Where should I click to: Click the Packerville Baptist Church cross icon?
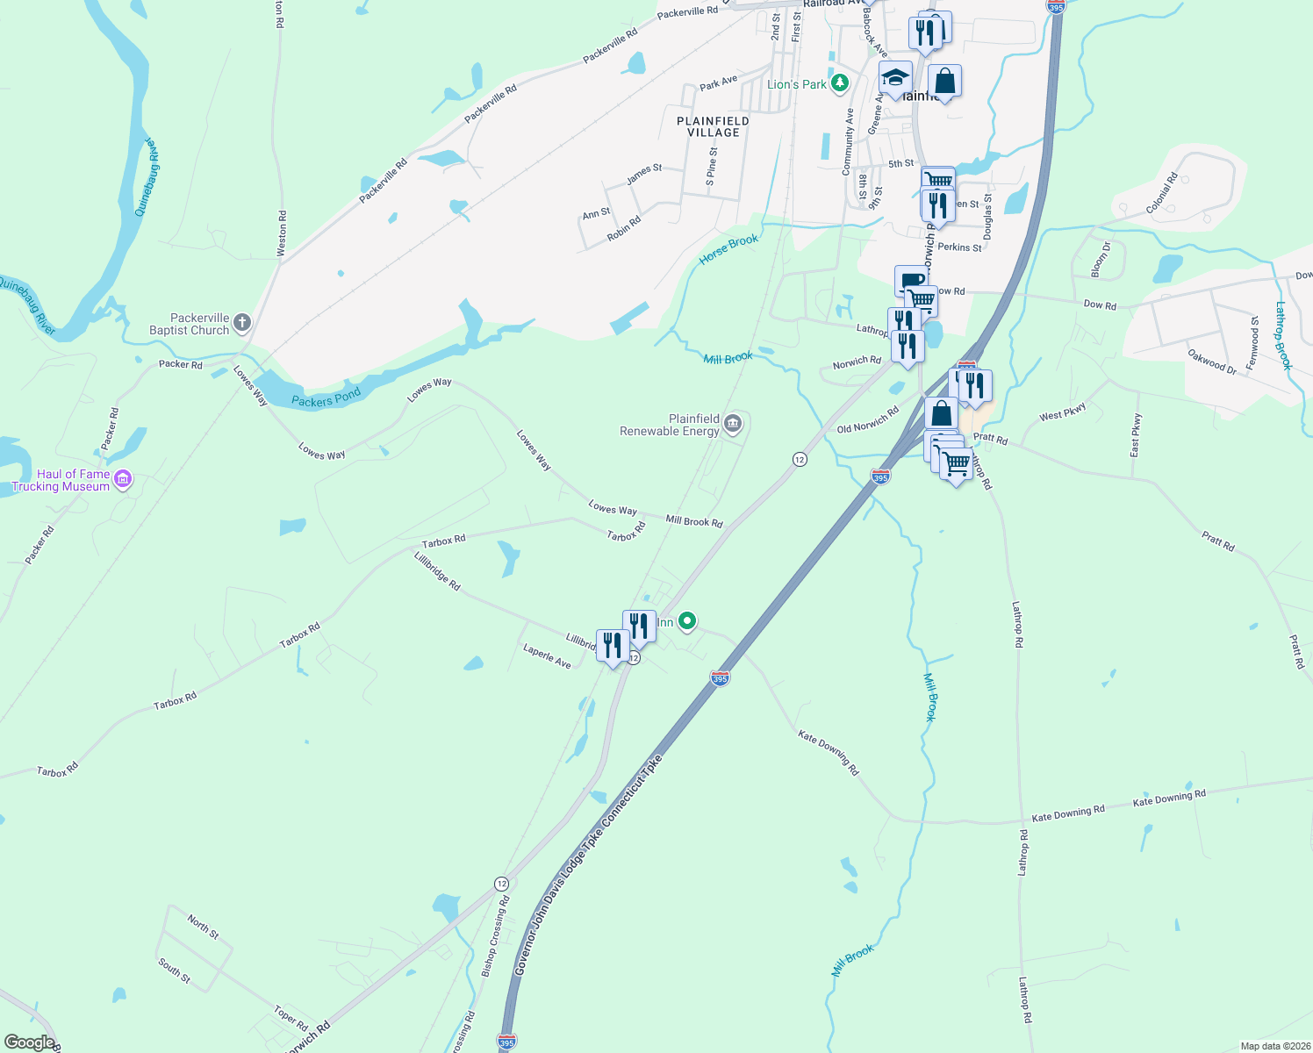pyautogui.click(x=241, y=323)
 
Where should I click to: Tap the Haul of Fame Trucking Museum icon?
pyautogui.click(x=123, y=479)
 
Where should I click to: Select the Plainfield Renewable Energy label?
pyautogui.click(x=670, y=426)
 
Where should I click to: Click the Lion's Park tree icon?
pyautogui.click(x=840, y=83)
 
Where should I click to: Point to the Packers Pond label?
pyautogui.click(x=326, y=398)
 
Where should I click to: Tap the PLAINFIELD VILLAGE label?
pyautogui.click(x=713, y=126)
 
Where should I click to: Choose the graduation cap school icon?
pyautogui.click(x=894, y=78)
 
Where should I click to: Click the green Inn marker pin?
pyautogui.click(x=687, y=621)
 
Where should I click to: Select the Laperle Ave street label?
pyautogui.click(x=547, y=657)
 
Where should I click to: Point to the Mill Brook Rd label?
pyautogui.click(x=693, y=521)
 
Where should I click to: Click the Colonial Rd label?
pyautogui.click(x=1161, y=194)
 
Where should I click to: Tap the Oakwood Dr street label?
pyautogui.click(x=1212, y=362)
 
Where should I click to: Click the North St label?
pyautogui.click(x=203, y=926)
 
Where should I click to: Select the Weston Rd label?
pyautogui.click(x=282, y=233)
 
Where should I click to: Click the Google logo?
pyautogui.click(x=29, y=1042)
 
